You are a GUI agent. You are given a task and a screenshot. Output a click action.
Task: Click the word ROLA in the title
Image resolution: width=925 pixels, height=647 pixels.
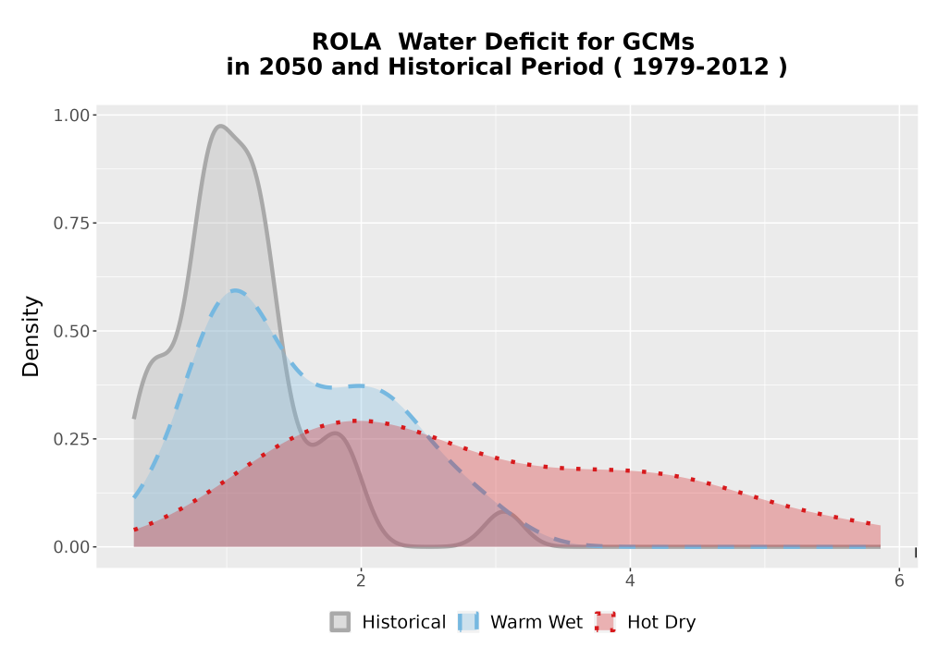coord(346,43)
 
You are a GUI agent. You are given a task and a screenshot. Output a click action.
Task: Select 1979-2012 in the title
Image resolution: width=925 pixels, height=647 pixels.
coord(701,67)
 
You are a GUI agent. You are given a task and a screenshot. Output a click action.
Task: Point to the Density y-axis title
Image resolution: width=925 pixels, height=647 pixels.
coord(31,336)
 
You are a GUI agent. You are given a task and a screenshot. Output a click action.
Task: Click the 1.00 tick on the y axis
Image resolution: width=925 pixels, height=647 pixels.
coord(71,115)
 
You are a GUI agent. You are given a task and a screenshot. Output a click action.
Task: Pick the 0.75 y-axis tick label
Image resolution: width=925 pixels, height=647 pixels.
coord(71,224)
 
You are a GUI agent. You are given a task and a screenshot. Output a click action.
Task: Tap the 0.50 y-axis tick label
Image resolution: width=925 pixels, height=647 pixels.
coord(71,331)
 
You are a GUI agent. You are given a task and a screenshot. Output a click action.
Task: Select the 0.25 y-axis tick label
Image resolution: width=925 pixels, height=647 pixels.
coord(71,439)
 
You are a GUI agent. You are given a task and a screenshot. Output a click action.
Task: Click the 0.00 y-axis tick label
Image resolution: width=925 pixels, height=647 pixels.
coord(71,547)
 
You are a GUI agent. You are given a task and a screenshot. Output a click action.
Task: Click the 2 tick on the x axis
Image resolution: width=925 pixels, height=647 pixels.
coord(361,581)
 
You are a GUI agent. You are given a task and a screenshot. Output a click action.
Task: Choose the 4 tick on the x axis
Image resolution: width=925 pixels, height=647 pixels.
coord(630,581)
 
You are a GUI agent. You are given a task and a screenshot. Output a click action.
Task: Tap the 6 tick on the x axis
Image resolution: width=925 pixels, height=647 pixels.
coord(899,581)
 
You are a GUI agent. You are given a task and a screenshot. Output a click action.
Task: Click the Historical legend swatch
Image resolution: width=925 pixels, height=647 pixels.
coord(339,622)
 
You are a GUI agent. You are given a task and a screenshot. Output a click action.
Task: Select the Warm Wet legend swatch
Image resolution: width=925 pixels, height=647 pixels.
coord(468,622)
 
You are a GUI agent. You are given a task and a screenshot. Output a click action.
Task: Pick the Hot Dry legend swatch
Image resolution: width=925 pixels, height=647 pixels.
coord(605,622)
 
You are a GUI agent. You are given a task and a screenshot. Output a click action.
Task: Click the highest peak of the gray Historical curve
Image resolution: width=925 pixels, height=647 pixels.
coord(220,126)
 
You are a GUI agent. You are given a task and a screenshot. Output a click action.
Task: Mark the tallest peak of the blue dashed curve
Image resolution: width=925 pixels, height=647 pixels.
coord(235,290)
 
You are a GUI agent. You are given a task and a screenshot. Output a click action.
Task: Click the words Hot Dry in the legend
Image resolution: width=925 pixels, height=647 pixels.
coord(661,622)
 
